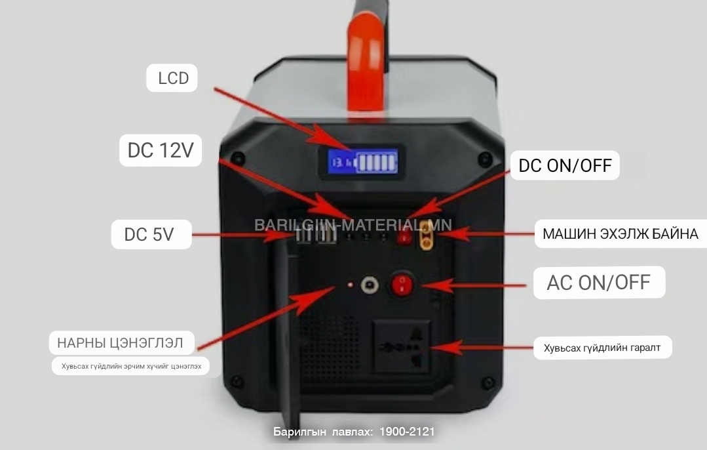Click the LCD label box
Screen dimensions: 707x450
pyautogui.click(x=172, y=78)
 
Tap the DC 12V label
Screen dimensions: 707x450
pyautogui.click(x=161, y=150)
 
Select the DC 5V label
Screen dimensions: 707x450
pyautogui.click(x=151, y=234)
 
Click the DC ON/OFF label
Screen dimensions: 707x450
pyautogui.click(x=565, y=166)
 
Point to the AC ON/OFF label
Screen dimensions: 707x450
pyautogui.click(x=599, y=283)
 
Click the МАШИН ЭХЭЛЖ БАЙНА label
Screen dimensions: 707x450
pyautogui.click(x=621, y=234)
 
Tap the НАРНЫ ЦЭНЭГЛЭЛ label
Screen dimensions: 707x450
pyautogui.click(x=121, y=342)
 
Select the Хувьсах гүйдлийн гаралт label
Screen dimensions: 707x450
pyautogui.click(x=602, y=348)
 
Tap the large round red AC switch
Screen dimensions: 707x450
pyautogui.click(x=402, y=284)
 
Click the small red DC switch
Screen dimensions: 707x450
pyautogui.click(x=404, y=236)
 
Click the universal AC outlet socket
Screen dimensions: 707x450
pyautogui.click(x=402, y=346)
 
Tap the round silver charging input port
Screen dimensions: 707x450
pyautogui.click(x=370, y=285)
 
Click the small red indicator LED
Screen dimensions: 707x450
pyautogui.click(x=351, y=285)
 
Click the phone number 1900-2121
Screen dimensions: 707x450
pyautogui.click(x=407, y=432)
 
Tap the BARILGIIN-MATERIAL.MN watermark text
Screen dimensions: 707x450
pyautogui.click(x=353, y=225)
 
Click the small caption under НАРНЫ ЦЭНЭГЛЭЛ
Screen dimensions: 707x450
pyautogui.click(x=131, y=366)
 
